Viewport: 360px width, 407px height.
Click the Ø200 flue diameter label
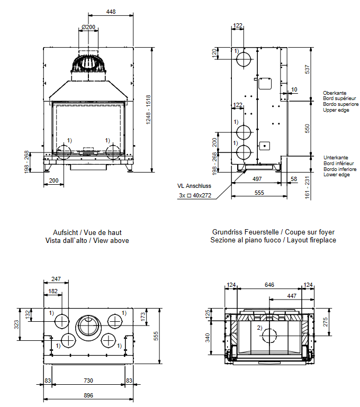pyautogui.click(x=88, y=27)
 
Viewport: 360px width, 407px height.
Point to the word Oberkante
pyautogui.click(x=335, y=93)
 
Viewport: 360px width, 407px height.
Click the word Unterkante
pyautogui.click(x=335, y=158)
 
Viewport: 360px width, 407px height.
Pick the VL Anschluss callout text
pyautogui.click(x=194, y=186)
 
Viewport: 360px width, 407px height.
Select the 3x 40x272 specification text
pyautogui.click(x=195, y=195)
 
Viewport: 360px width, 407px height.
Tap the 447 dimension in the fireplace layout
pyautogui.click(x=291, y=296)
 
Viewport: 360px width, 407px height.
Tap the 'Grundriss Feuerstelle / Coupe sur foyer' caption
pyautogui.click(x=273, y=232)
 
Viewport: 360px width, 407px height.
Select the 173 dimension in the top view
pyautogui.click(x=142, y=317)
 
